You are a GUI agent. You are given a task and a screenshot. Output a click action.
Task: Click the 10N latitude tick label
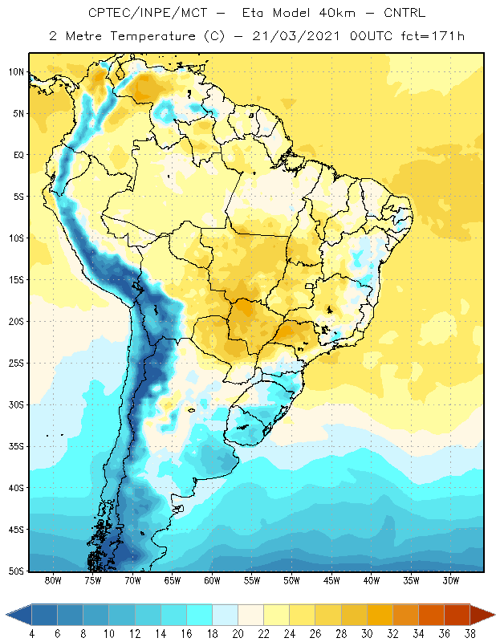(16, 72)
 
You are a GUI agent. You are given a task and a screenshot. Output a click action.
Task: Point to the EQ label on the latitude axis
(19, 155)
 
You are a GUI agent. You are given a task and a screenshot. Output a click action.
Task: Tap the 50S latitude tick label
(16, 571)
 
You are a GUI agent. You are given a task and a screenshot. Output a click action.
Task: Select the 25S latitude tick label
(16, 364)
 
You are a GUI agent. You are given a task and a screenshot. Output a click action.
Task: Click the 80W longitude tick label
(53, 580)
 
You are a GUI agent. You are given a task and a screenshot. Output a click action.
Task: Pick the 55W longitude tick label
(252, 580)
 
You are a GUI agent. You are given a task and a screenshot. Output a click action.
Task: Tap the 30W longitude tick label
(451, 580)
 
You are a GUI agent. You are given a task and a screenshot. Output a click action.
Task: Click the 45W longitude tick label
(331, 580)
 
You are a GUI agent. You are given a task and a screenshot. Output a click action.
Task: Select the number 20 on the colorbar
(238, 634)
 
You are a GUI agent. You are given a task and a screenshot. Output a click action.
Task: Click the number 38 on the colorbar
(470, 634)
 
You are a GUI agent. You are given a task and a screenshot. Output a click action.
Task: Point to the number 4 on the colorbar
(32, 634)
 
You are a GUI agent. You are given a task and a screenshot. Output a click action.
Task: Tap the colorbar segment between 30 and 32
(380, 615)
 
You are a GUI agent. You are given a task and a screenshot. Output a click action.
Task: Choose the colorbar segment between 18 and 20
(226, 615)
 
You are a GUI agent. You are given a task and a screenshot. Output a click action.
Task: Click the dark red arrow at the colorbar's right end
(482, 615)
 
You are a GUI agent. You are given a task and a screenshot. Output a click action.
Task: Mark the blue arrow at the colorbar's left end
(19, 615)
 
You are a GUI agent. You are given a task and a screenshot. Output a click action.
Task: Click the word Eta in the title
(252, 13)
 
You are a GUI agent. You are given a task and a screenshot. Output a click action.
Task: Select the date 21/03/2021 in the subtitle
(295, 36)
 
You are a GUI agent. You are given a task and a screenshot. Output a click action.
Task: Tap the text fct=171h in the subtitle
(433, 36)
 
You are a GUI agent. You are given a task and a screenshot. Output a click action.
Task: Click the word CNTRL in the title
(405, 13)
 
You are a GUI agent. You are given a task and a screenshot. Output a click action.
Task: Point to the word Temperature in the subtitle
(152, 36)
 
